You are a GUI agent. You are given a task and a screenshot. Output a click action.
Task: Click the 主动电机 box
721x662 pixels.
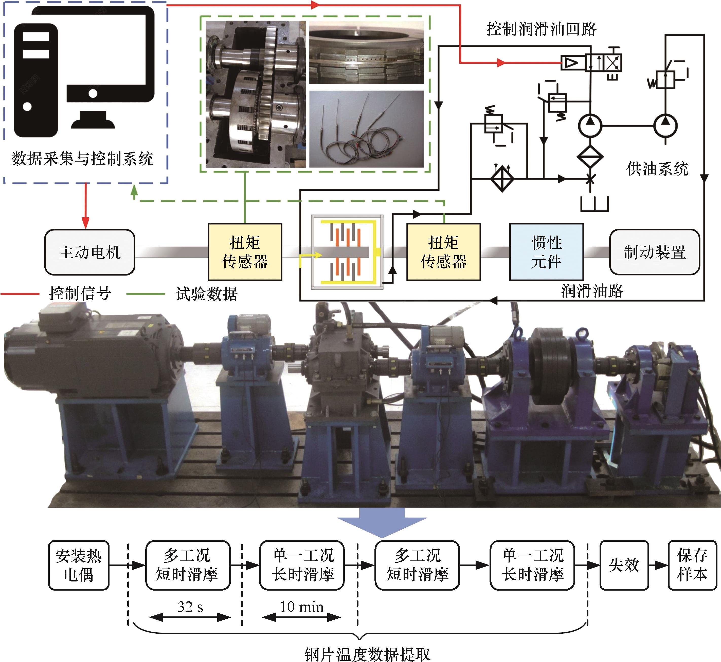(x=90, y=252)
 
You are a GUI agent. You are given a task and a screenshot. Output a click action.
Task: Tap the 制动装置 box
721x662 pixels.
(x=655, y=252)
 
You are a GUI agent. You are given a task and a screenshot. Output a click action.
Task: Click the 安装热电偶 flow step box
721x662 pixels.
(x=79, y=565)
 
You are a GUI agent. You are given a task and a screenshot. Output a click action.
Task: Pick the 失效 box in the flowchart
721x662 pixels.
(x=624, y=565)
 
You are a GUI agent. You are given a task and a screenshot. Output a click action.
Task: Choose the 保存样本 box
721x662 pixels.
(x=692, y=565)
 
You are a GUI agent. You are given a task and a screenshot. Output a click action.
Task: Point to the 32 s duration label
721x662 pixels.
(x=190, y=607)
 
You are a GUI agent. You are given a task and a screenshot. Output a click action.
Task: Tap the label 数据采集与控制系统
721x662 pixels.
(x=82, y=159)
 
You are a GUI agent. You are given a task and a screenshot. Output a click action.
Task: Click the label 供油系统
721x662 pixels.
(x=657, y=169)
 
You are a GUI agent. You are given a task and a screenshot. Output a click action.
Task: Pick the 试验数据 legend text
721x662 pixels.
(x=207, y=294)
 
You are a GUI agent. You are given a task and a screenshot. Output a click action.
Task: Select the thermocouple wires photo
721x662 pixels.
(x=366, y=129)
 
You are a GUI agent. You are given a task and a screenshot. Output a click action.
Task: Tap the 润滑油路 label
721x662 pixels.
(x=592, y=291)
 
